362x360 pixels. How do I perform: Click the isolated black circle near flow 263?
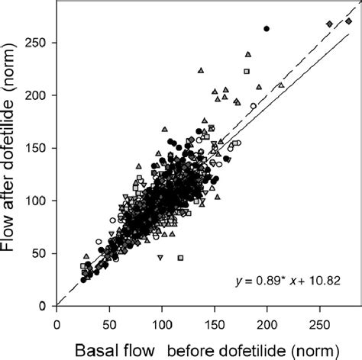point(267,29)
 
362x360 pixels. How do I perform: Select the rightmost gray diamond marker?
point(348,22)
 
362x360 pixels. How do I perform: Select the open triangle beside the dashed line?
point(281,85)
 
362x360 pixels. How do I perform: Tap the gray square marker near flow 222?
point(247,71)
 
